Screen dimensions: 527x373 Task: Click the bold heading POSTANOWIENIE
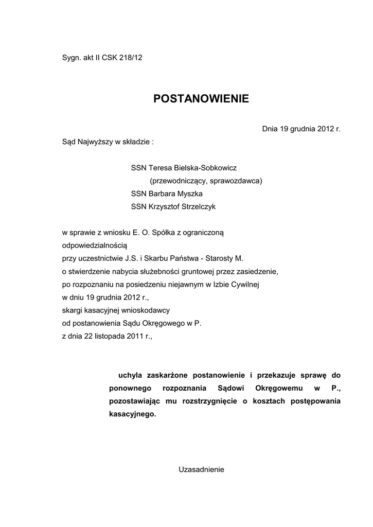pos(201,99)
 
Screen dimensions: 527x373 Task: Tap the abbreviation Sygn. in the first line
pos(72,58)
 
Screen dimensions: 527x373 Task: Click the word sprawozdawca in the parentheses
pos(236,181)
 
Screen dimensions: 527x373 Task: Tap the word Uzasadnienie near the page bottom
pos(201,469)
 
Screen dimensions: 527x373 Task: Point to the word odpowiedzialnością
pos(91,246)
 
